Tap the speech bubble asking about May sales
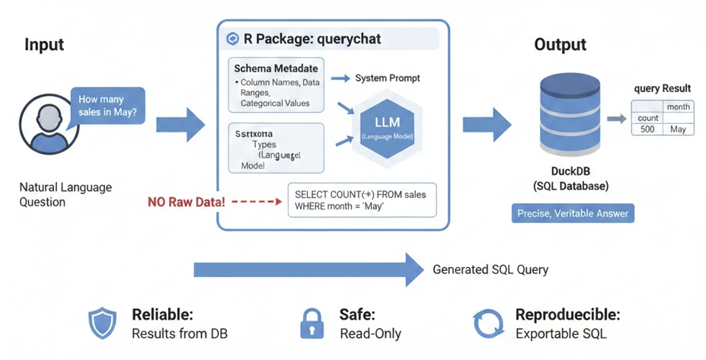pyautogui.click(x=107, y=106)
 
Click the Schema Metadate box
pyautogui.click(x=276, y=86)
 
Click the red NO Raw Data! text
pyautogui.click(x=185, y=202)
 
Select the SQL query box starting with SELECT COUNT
pyautogui.click(x=360, y=201)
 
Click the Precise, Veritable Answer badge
pyautogui.click(x=573, y=213)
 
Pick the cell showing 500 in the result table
pyautogui.click(x=647, y=129)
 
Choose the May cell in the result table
pyautogui.click(x=678, y=129)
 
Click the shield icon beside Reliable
pyautogui.click(x=102, y=323)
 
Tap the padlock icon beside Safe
pyautogui.click(x=312, y=323)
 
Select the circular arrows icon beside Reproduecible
pyautogui.click(x=489, y=323)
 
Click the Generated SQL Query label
pyautogui.click(x=490, y=269)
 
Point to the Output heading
pyautogui.click(x=560, y=45)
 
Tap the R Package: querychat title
pyautogui.click(x=311, y=39)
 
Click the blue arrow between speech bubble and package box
pyautogui.click(x=180, y=124)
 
